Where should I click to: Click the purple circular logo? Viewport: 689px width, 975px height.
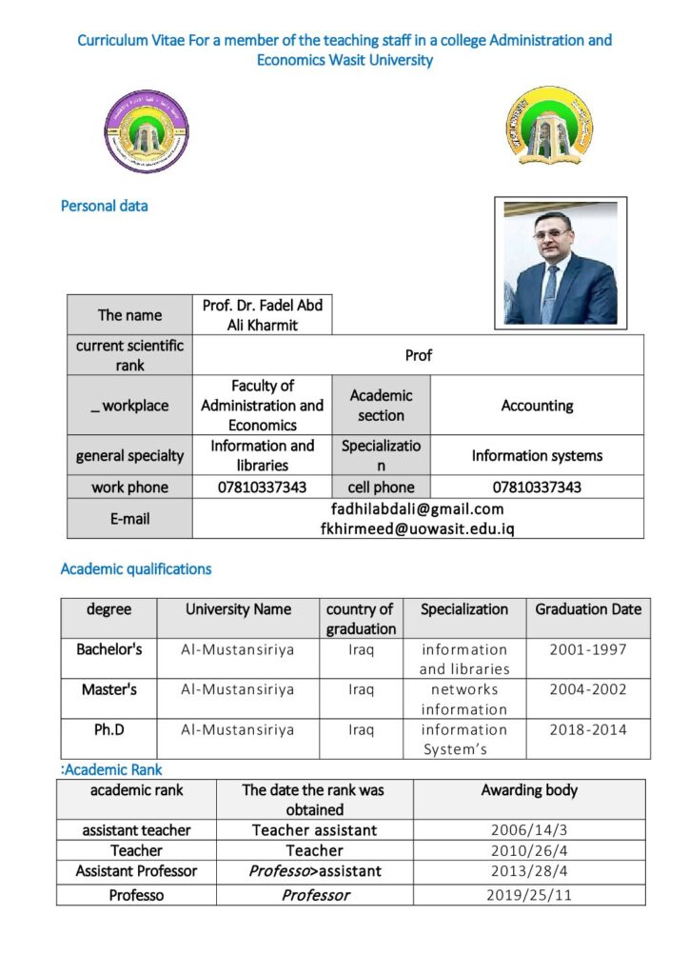click(147, 132)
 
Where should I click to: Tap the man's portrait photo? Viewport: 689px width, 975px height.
click(561, 263)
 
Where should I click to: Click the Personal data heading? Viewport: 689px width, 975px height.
click(105, 206)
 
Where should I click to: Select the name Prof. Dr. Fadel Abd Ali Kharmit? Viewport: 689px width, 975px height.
click(263, 314)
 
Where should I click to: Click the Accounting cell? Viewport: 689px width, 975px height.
click(537, 406)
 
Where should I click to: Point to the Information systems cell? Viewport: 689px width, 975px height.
click(537, 455)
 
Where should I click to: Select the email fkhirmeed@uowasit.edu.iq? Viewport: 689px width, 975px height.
click(417, 528)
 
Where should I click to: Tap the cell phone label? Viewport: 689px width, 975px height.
click(381, 487)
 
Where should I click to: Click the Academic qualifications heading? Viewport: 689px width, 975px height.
click(136, 569)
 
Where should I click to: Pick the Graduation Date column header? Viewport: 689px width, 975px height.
click(588, 609)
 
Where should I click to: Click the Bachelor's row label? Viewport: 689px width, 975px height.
click(109, 649)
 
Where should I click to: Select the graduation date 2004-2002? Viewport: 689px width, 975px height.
click(588, 689)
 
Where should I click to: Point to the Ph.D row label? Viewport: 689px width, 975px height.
click(109, 729)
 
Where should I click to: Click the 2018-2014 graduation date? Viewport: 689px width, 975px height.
click(588, 729)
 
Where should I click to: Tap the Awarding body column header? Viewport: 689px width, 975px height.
click(529, 790)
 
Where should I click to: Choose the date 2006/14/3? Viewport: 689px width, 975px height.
click(529, 830)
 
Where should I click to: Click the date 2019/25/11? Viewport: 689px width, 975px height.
click(529, 895)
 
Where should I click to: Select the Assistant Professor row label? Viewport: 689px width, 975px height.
click(136, 870)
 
